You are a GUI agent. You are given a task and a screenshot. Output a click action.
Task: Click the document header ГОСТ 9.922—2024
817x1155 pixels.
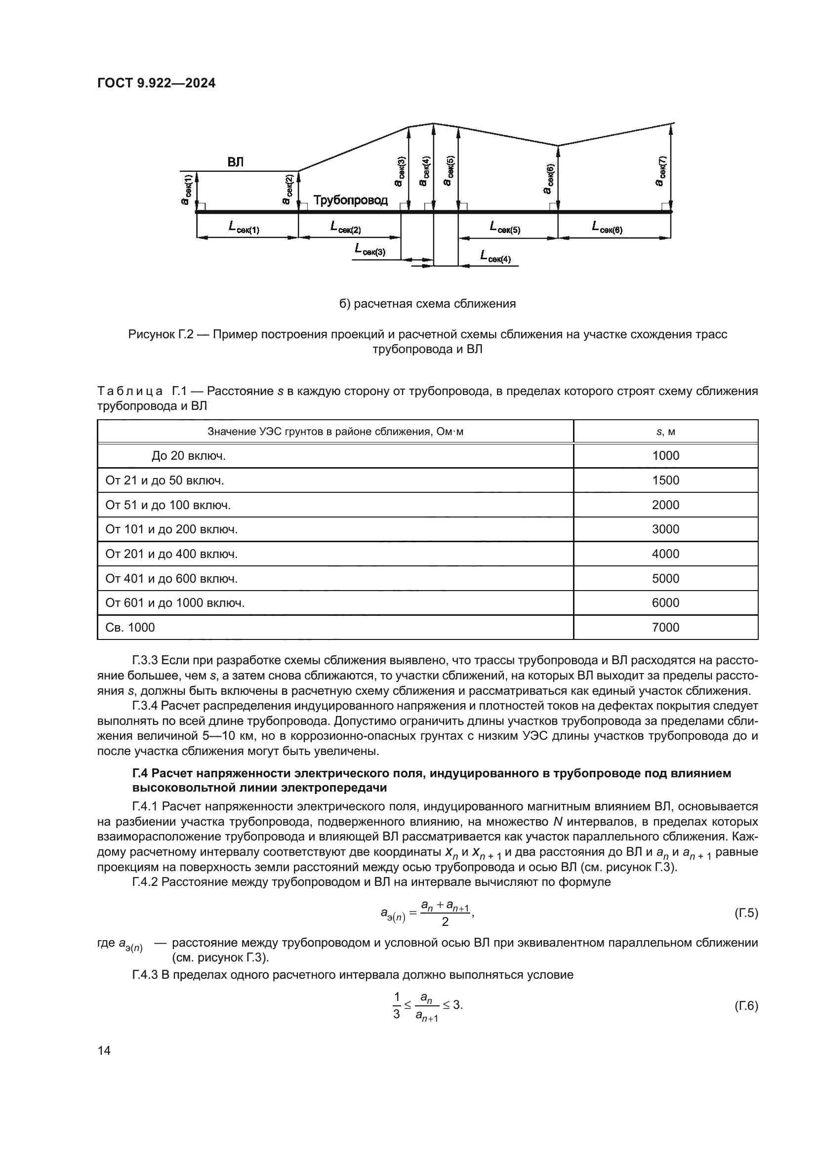(x=156, y=83)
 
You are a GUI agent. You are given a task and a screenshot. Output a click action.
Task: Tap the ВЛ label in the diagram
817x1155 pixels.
(x=236, y=162)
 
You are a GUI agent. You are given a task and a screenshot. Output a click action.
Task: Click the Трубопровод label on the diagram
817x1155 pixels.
(x=351, y=200)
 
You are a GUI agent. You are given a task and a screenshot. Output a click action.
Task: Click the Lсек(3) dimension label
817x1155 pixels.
(x=370, y=249)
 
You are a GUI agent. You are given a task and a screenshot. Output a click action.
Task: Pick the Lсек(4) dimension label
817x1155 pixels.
(x=495, y=257)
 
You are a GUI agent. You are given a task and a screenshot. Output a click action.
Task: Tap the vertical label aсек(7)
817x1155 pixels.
(x=661, y=171)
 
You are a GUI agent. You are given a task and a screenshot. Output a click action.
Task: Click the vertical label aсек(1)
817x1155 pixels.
(x=187, y=190)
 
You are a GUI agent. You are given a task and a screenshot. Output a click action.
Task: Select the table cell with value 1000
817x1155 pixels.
(x=665, y=456)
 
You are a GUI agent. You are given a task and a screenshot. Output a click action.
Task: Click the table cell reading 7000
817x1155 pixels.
(x=665, y=627)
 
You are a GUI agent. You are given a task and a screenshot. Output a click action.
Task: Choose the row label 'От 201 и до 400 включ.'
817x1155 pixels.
(x=171, y=554)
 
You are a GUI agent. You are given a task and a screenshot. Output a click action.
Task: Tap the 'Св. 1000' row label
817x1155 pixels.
(x=130, y=627)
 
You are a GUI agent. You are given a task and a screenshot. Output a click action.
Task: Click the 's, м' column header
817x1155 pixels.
(x=665, y=432)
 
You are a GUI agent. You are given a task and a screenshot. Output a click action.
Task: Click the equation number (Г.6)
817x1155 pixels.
(x=745, y=1006)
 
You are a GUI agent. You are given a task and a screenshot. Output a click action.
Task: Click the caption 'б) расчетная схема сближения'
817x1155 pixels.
(x=427, y=304)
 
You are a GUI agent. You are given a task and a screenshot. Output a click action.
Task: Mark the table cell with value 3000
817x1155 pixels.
(x=665, y=529)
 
